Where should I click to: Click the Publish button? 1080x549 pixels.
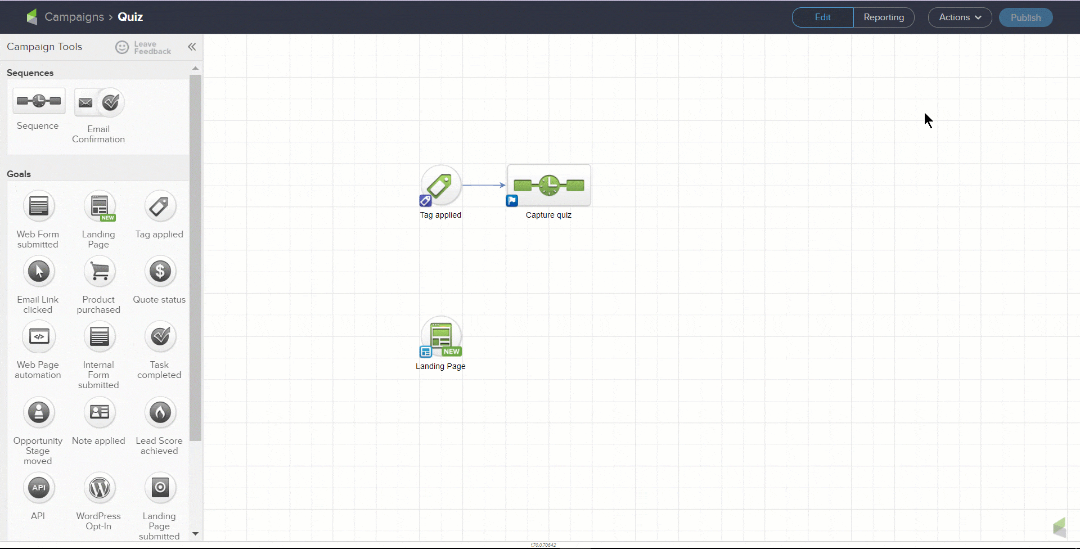pyautogui.click(x=1025, y=17)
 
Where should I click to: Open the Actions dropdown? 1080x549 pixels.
pyautogui.click(x=960, y=17)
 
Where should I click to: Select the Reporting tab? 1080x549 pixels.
pyautogui.click(x=884, y=17)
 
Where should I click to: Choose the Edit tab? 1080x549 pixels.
pyautogui.click(x=822, y=17)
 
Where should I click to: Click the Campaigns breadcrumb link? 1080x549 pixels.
pyautogui.click(x=74, y=17)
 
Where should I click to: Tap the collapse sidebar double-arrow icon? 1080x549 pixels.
pyautogui.click(x=192, y=47)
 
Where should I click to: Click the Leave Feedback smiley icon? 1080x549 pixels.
pyautogui.click(x=122, y=47)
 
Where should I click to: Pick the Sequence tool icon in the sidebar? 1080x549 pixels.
pyautogui.click(x=39, y=101)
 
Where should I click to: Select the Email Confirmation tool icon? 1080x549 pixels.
pyautogui.click(x=99, y=102)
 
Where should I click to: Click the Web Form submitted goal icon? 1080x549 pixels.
pyautogui.click(x=39, y=206)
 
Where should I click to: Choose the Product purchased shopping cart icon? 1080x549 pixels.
pyautogui.click(x=100, y=272)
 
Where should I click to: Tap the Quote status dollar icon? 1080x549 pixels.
pyautogui.click(x=160, y=272)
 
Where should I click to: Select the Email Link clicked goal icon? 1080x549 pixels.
pyautogui.click(x=39, y=272)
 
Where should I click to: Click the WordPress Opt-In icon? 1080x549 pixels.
pyautogui.click(x=100, y=488)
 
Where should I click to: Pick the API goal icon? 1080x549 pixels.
pyautogui.click(x=39, y=488)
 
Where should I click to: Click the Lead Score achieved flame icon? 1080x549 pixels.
pyautogui.click(x=160, y=412)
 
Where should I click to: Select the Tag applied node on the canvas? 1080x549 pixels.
pyautogui.click(x=441, y=185)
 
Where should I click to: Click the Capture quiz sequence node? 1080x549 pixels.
pyautogui.click(x=548, y=186)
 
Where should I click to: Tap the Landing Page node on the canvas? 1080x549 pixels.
pyautogui.click(x=441, y=337)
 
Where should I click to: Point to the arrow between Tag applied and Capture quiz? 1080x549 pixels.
pyautogui.click(x=484, y=185)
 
